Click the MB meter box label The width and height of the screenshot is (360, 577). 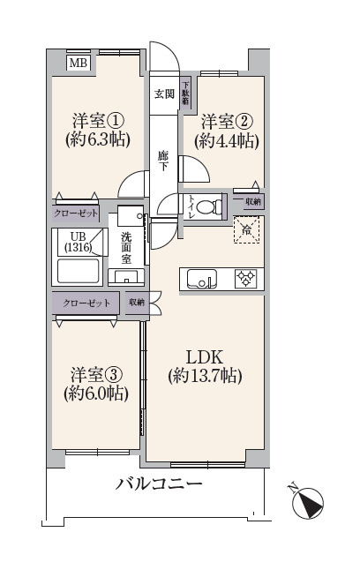(x=78, y=63)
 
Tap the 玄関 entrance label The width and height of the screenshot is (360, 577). (x=164, y=94)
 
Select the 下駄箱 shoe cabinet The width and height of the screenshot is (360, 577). (x=185, y=94)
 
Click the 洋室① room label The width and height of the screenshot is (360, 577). (x=98, y=120)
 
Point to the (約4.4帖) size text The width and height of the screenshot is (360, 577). (x=227, y=140)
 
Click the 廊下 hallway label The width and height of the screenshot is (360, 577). (x=163, y=161)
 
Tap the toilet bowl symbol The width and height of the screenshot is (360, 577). (x=209, y=206)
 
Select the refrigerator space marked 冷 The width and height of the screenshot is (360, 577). (x=246, y=229)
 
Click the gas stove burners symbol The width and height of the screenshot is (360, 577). (x=246, y=279)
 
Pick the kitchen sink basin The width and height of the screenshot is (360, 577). (x=201, y=280)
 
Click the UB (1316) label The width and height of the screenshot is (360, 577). (x=78, y=242)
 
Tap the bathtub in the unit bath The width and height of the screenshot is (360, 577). (x=79, y=271)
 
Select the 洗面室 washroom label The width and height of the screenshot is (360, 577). (x=126, y=248)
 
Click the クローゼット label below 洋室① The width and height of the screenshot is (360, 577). (x=76, y=214)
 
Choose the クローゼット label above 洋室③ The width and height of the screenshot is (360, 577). (x=86, y=303)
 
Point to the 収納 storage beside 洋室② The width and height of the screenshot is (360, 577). (x=253, y=202)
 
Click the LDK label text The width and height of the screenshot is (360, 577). (x=205, y=357)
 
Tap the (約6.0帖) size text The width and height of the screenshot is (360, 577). (x=96, y=393)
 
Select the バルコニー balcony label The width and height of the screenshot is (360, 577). (x=159, y=483)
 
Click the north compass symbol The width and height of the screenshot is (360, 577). (x=308, y=502)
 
